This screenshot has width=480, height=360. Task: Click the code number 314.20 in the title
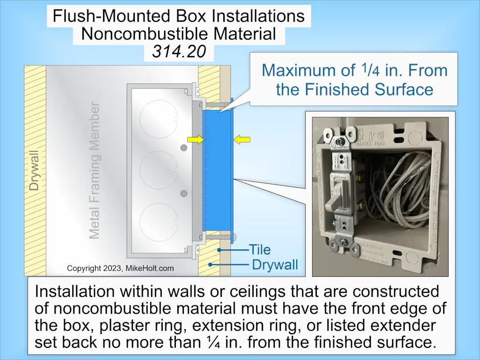179,50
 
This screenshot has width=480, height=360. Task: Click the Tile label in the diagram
259,249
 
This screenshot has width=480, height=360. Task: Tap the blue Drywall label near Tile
274,265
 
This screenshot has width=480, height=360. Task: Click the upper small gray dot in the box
184,147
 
